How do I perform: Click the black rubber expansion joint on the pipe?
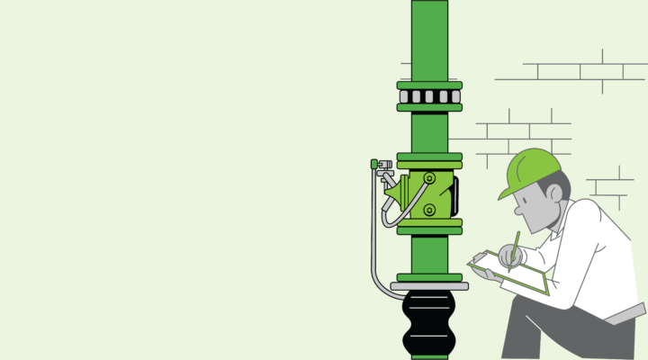coord(429,323)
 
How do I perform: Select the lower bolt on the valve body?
coord(429,210)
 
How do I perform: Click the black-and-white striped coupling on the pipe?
coord(429,96)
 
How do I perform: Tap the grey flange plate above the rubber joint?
coord(429,286)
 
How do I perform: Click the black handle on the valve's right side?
coord(455,193)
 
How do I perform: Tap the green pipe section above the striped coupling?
coord(429,40)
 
